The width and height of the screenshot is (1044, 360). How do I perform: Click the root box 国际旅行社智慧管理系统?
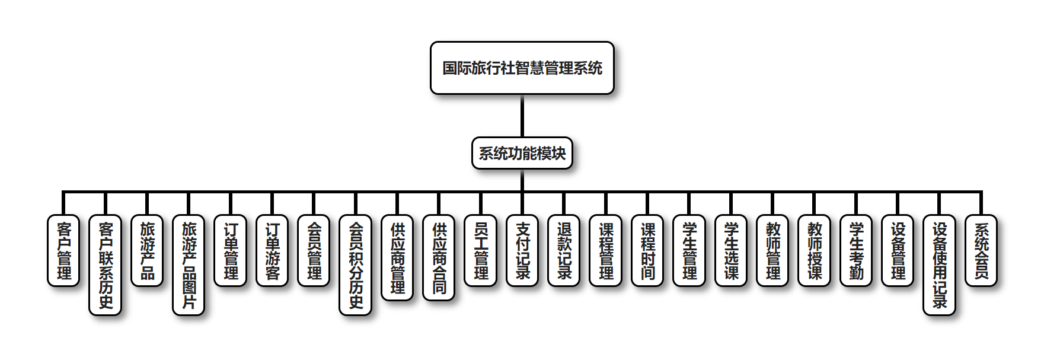pyautogui.click(x=522, y=68)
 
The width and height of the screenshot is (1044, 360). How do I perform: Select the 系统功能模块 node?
pyautogui.click(x=522, y=153)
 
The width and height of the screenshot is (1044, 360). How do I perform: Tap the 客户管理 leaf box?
pyautogui.click(x=63, y=250)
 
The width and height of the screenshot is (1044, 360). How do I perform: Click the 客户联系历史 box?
pyautogui.click(x=106, y=265)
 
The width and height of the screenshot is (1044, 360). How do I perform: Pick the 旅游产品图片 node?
pyautogui.click(x=189, y=265)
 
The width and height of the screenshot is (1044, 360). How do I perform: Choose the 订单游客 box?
pyautogui.click(x=272, y=250)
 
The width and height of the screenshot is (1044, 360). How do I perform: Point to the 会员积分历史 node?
pyautogui.click(x=356, y=265)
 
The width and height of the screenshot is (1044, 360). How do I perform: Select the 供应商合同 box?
pyautogui.click(x=439, y=257)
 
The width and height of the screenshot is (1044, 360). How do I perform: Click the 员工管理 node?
pyautogui.click(x=481, y=250)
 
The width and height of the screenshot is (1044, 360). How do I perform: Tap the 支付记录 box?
pyautogui.click(x=522, y=250)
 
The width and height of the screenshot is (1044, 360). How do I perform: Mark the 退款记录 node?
pyautogui.click(x=564, y=250)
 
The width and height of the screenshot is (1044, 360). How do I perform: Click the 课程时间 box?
pyautogui.click(x=647, y=250)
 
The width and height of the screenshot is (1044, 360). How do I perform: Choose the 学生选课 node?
pyautogui.click(x=731, y=250)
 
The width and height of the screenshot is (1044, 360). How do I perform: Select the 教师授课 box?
pyautogui.click(x=815, y=250)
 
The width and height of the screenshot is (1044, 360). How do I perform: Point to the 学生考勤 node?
pyautogui.click(x=856, y=250)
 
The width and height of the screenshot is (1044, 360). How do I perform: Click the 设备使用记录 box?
pyautogui.click(x=940, y=265)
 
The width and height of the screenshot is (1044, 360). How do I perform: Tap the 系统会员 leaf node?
pyautogui.click(x=981, y=250)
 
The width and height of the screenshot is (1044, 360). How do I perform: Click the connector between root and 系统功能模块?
pyautogui.click(x=522, y=116)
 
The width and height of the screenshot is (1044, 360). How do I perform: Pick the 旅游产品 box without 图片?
pyautogui.click(x=147, y=250)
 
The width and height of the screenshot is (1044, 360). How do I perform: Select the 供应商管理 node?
pyautogui.click(x=397, y=257)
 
